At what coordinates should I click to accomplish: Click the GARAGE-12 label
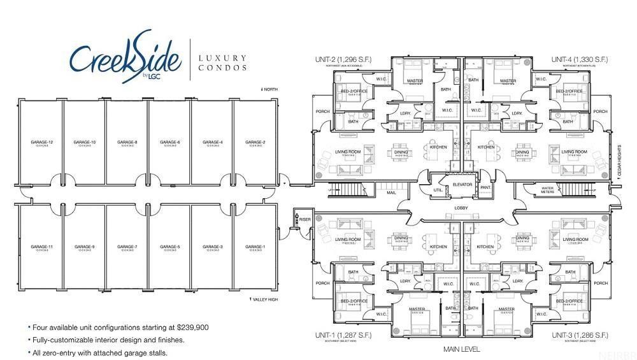pos(41,142)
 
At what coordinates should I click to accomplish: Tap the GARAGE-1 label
pos(255,247)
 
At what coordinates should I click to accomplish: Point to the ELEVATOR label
pos(462,185)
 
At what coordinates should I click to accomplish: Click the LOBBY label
pos(462,208)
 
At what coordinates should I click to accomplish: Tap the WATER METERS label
pos(548,189)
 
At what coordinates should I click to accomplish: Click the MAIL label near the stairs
pos(390,189)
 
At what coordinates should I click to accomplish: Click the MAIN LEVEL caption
pos(462,350)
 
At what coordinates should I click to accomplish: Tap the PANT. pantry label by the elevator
pos(485,187)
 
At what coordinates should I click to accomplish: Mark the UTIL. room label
pos(438,190)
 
